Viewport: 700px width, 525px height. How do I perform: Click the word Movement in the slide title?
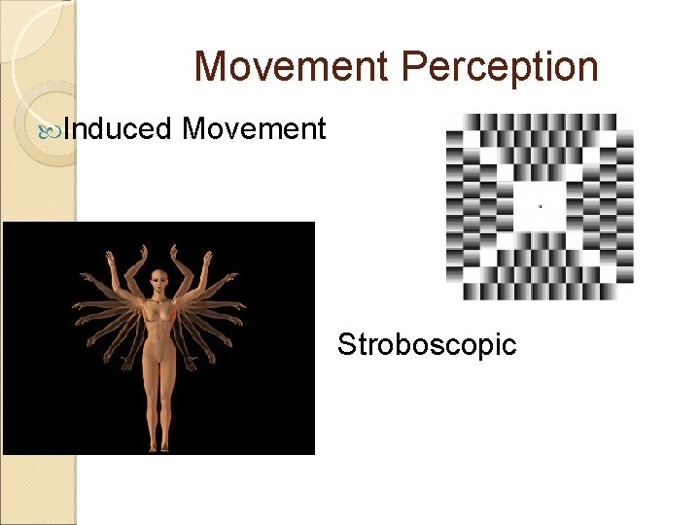pos(291,66)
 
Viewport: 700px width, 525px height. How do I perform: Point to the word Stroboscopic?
pos(427,344)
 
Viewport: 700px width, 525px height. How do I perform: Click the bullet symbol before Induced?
pos(55,129)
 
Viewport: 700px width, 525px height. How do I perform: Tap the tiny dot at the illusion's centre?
pos(541,206)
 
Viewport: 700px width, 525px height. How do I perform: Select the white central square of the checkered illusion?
pos(541,206)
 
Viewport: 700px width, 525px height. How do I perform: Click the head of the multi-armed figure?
pos(158,285)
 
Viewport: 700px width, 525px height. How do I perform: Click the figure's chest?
pos(158,316)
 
